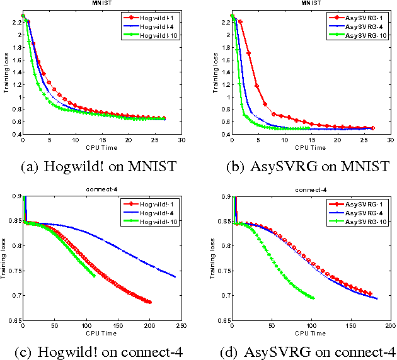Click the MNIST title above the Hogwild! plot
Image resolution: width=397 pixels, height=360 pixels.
pyautogui.click(x=101, y=4)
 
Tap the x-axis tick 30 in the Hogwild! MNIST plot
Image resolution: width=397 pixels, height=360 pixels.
pyautogui.click(x=181, y=140)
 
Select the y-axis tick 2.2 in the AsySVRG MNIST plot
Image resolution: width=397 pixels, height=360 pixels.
pyautogui.click(x=225, y=22)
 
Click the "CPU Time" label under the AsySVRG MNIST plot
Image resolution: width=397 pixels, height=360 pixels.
pyautogui.click(x=311, y=148)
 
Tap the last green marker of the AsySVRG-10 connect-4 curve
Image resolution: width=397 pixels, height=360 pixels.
pyautogui.click(x=313, y=298)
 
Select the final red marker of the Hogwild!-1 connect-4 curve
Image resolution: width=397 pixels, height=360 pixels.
pyautogui.click(x=150, y=303)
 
